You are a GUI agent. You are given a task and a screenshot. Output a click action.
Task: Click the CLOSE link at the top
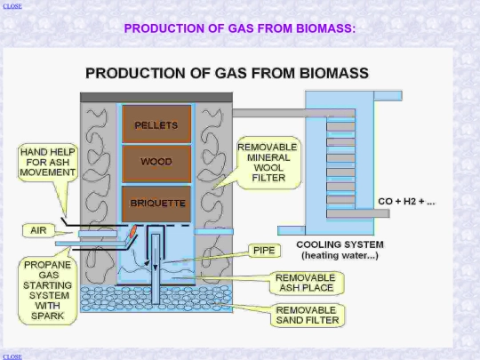[x=12, y=6]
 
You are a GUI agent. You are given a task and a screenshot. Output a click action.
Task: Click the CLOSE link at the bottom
[x=12, y=356]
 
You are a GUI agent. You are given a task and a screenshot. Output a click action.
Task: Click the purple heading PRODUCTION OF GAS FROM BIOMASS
[x=240, y=28]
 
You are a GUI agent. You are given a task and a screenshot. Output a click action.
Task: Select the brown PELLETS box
[x=156, y=124]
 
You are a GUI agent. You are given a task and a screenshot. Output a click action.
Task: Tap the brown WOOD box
[x=156, y=164]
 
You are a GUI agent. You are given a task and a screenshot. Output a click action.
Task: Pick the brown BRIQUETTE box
[x=156, y=204]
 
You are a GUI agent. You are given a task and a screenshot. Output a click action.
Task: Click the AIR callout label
[x=38, y=230]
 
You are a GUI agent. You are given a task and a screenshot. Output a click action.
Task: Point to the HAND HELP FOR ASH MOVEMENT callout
[x=47, y=162]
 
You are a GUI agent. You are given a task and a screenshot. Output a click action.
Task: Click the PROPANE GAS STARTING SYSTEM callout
[x=47, y=290]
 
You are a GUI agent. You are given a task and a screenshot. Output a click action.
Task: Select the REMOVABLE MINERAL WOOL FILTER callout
[x=268, y=163]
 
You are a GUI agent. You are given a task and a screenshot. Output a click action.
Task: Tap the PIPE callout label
[x=264, y=251]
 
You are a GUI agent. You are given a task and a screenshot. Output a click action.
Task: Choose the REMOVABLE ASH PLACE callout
[x=306, y=283]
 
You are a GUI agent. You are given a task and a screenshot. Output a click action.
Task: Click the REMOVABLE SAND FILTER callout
[x=308, y=316]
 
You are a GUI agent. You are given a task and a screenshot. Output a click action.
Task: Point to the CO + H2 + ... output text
[x=406, y=202]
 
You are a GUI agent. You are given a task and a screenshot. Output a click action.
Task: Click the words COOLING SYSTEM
[x=340, y=244]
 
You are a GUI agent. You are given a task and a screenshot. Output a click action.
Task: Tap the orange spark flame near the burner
[x=133, y=231]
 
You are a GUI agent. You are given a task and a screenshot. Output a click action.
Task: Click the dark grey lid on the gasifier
[x=156, y=98]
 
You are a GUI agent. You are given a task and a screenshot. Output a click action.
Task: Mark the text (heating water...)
[x=340, y=255]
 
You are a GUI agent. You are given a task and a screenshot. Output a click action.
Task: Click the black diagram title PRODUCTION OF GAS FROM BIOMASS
[x=227, y=73]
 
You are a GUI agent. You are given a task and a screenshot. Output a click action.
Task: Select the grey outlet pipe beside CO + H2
[x=358, y=213]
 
